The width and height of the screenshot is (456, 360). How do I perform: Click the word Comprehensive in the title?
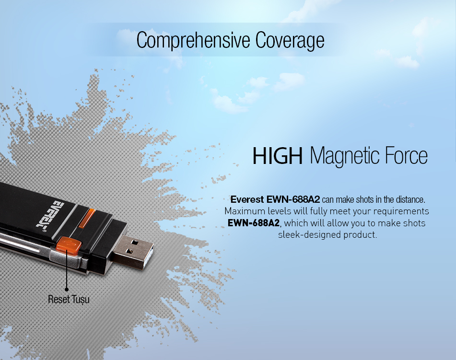click(193, 40)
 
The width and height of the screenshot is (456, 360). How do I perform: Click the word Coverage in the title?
click(290, 40)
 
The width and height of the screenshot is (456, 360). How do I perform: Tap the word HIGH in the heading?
click(278, 156)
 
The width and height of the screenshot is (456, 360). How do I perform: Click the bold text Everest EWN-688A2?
click(275, 199)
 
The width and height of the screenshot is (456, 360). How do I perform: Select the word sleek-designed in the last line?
click(309, 235)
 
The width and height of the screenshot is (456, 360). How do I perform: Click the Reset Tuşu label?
click(69, 299)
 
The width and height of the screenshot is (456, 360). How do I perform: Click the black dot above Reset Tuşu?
click(67, 290)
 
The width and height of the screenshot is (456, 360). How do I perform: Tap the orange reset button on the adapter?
click(69, 244)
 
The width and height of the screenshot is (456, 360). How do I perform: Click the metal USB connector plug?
click(133, 251)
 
